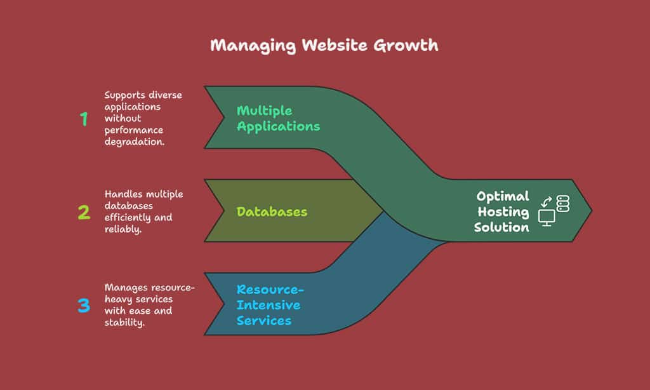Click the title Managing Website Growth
(x=324, y=46)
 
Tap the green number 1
(x=84, y=119)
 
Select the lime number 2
(x=84, y=212)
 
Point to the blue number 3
(x=84, y=306)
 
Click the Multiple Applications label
(x=278, y=119)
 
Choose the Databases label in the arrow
(x=272, y=212)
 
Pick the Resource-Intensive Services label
(x=270, y=305)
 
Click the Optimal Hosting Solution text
(x=501, y=212)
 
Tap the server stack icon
(x=562, y=203)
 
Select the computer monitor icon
(x=547, y=218)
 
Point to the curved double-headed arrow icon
(x=547, y=202)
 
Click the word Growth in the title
(x=406, y=45)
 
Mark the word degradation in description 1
(x=135, y=142)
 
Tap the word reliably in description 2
(x=123, y=229)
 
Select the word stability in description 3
(x=124, y=323)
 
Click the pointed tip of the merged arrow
(x=592, y=210)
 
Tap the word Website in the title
(x=335, y=45)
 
